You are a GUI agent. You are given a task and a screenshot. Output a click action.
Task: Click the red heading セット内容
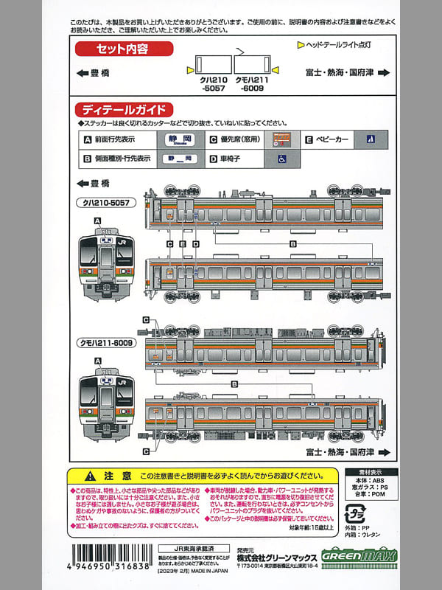click(122, 49)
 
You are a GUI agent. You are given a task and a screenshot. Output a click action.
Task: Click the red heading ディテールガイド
click(123, 108)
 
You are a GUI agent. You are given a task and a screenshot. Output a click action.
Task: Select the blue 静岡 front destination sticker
click(174, 139)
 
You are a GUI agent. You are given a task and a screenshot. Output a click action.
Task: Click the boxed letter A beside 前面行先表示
click(88, 139)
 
